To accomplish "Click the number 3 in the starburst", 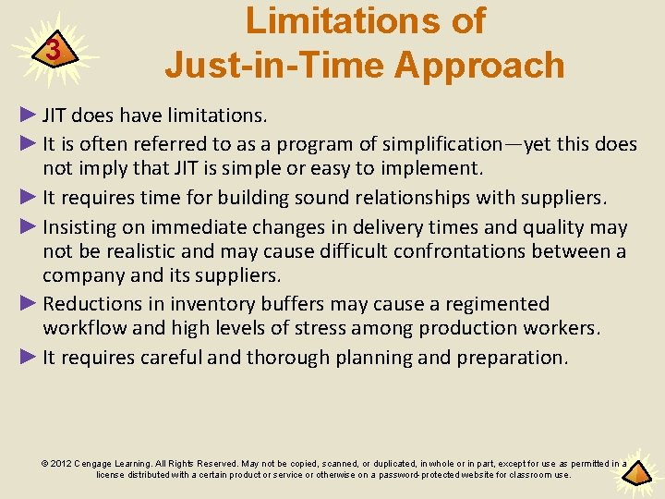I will [54, 50].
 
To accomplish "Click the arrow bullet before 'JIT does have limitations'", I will [30, 116].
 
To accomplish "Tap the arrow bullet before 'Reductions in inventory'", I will [30, 304].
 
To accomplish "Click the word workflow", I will [87, 328].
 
